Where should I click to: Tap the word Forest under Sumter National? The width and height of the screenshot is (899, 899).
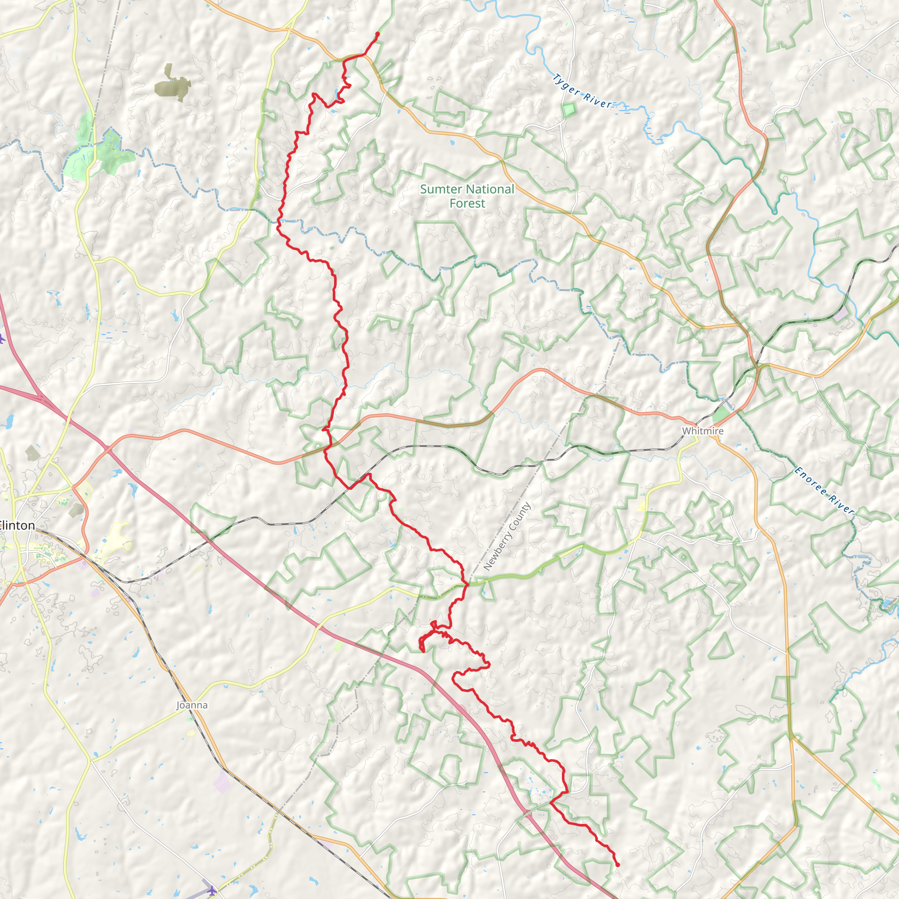coord(467,203)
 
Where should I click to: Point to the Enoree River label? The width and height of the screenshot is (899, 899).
coord(824,491)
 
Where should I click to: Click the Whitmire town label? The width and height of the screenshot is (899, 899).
coord(703,431)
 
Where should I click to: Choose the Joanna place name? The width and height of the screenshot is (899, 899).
coord(192,705)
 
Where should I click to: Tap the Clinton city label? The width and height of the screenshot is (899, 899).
coord(17,525)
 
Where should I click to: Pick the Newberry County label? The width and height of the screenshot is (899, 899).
coord(507,536)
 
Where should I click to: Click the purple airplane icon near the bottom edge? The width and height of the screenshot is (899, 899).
coord(212,891)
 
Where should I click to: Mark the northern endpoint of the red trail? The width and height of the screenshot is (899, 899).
coord(378,34)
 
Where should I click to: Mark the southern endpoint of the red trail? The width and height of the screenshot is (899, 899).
coord(618,865)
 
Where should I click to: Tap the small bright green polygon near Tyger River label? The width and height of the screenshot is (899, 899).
coord(568,110)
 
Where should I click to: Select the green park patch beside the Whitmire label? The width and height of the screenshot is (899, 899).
coord(720,414)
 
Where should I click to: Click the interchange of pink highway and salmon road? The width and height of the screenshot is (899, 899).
coord(107,449)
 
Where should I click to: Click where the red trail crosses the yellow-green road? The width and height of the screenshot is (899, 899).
coord(465,584)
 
